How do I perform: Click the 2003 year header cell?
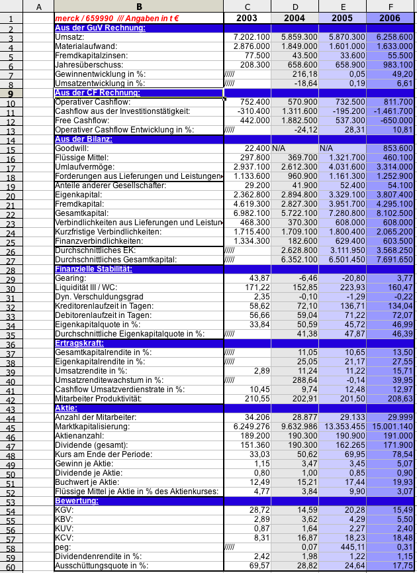(x=247, y=18)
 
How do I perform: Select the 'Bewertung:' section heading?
(x=77, y=501)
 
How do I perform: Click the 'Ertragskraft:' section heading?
(x=78, y=343)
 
